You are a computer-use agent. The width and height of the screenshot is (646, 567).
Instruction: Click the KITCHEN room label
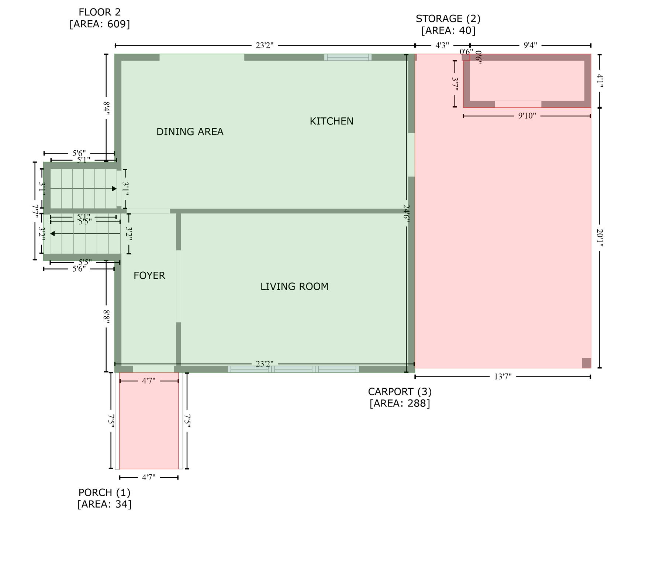(331, 121)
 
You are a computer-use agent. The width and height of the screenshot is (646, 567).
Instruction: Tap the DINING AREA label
(190, 132)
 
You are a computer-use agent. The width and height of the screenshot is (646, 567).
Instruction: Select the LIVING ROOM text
(294, 286)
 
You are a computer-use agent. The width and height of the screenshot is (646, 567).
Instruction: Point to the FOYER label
(149, 275)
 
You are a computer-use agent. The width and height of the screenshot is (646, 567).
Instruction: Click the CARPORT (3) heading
(400, 391)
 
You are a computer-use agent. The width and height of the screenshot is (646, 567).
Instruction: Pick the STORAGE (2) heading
(448, 18)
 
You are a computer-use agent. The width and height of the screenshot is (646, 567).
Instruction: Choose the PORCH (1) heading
(104, 492)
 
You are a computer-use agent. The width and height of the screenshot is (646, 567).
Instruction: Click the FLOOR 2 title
(100, 12)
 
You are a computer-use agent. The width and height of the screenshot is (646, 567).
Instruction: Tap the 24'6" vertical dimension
(406, 213)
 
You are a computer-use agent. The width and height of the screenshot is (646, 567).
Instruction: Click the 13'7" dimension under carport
(502, 377)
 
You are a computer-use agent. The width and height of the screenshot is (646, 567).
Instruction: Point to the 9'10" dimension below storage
(526, 116)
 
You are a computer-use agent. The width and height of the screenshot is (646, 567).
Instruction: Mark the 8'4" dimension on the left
(106, 110)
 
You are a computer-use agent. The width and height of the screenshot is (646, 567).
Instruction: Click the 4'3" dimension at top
(442, 45)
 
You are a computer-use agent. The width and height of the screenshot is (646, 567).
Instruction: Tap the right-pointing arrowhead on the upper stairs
(114, 189)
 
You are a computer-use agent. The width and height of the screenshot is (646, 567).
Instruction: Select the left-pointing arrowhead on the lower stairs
(52, 234)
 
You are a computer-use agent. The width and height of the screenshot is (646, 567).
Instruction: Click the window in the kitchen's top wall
(348, 57)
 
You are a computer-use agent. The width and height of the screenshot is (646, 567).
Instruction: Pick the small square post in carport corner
(586, 363)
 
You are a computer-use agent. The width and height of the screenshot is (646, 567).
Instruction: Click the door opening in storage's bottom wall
(518, 104)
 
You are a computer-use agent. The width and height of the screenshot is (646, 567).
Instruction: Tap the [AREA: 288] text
(400, 403)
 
